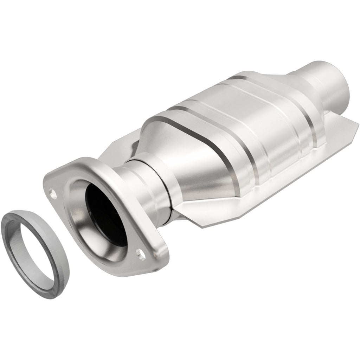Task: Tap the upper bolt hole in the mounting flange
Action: pyautogui.click(x=53, y=193)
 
